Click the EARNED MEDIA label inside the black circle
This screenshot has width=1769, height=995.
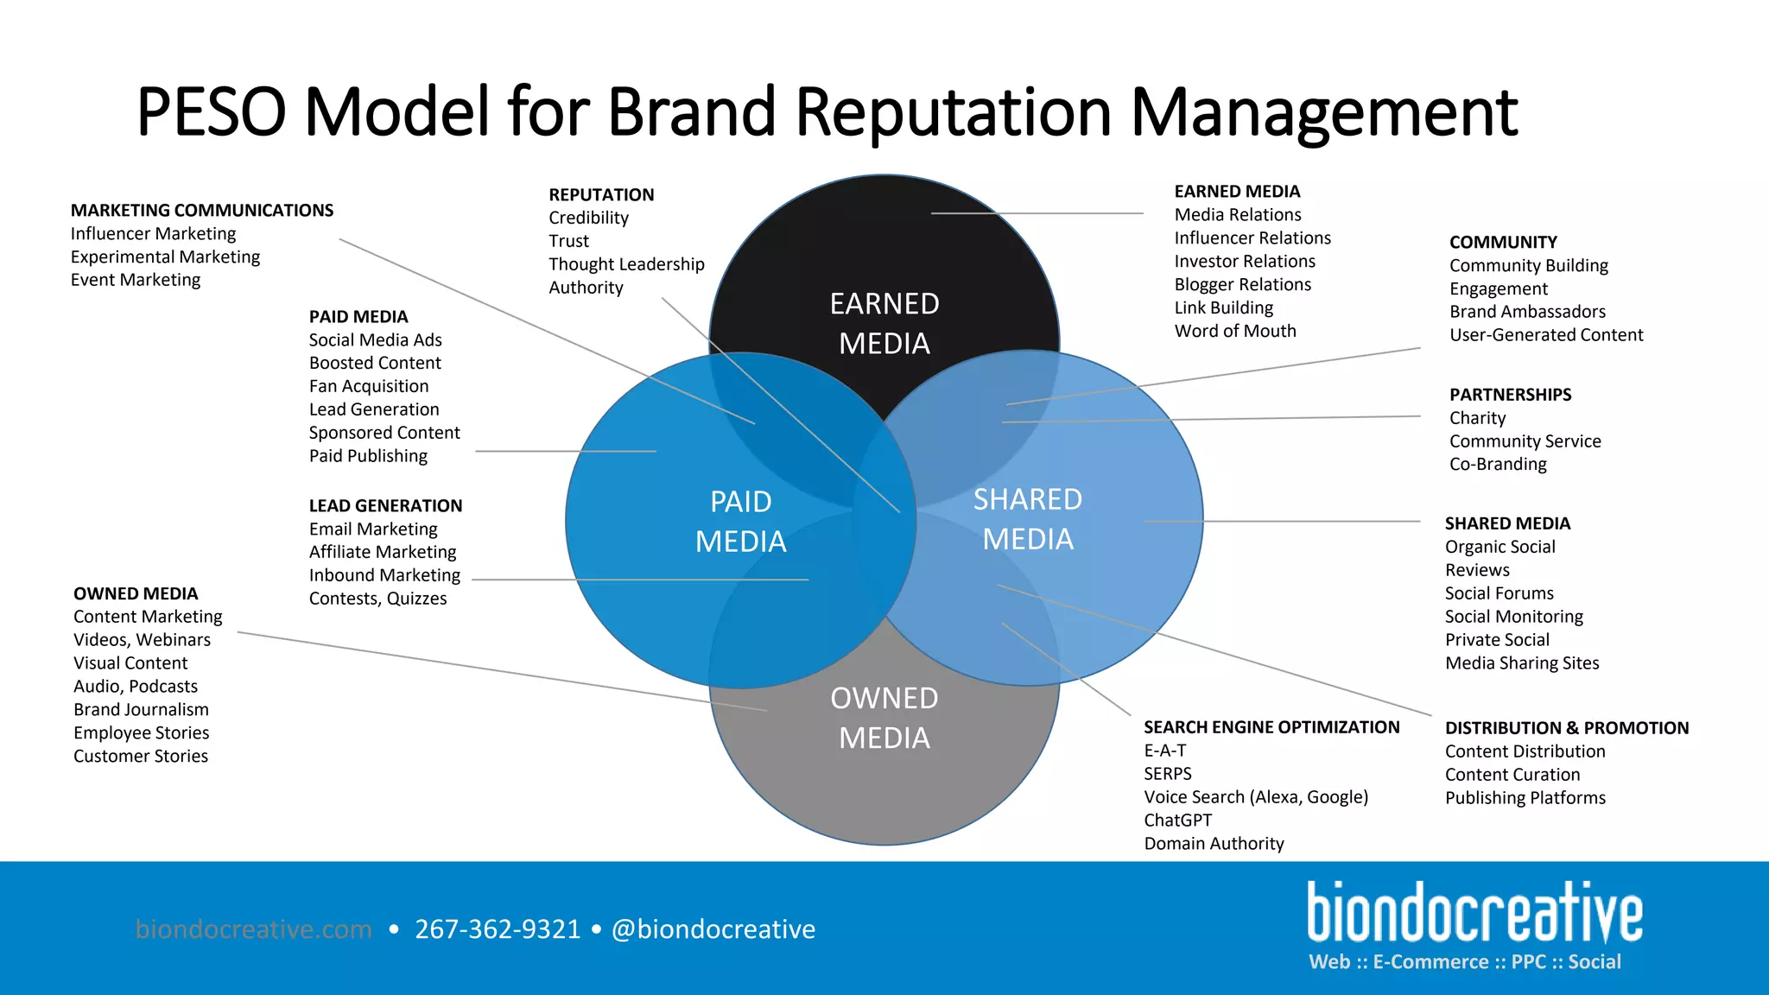pos(884,323)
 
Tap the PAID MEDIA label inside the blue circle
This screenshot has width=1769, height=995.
pos(741,521)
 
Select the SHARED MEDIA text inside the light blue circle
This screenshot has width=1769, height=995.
pos(1028,519)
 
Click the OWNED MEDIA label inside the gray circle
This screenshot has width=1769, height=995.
pos(884,718)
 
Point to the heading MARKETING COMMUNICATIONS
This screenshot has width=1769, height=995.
pos(202,211)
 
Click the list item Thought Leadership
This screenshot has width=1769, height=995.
pos(626,264)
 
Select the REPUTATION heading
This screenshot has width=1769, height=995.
pos(601,195)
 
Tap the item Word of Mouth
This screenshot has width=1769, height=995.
pos(1235,331)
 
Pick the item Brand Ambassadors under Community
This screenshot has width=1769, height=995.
pos(1527,312)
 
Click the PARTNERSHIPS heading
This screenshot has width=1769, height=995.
pos(1510,395)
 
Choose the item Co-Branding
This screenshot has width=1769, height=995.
pos(1498,464)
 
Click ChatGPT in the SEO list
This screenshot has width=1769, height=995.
pos(1177,821)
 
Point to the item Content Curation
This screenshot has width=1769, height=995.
pos(1512,775)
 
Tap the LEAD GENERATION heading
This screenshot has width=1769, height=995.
pos(385,506)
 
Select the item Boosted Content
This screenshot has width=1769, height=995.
pos(375,364)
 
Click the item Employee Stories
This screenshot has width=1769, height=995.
pos(141,733)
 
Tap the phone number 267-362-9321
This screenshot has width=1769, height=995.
pos(498,929)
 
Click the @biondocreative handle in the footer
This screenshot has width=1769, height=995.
pos(713,929)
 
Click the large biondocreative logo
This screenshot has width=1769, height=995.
pos(1474,913)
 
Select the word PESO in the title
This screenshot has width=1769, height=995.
pos(211,112)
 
